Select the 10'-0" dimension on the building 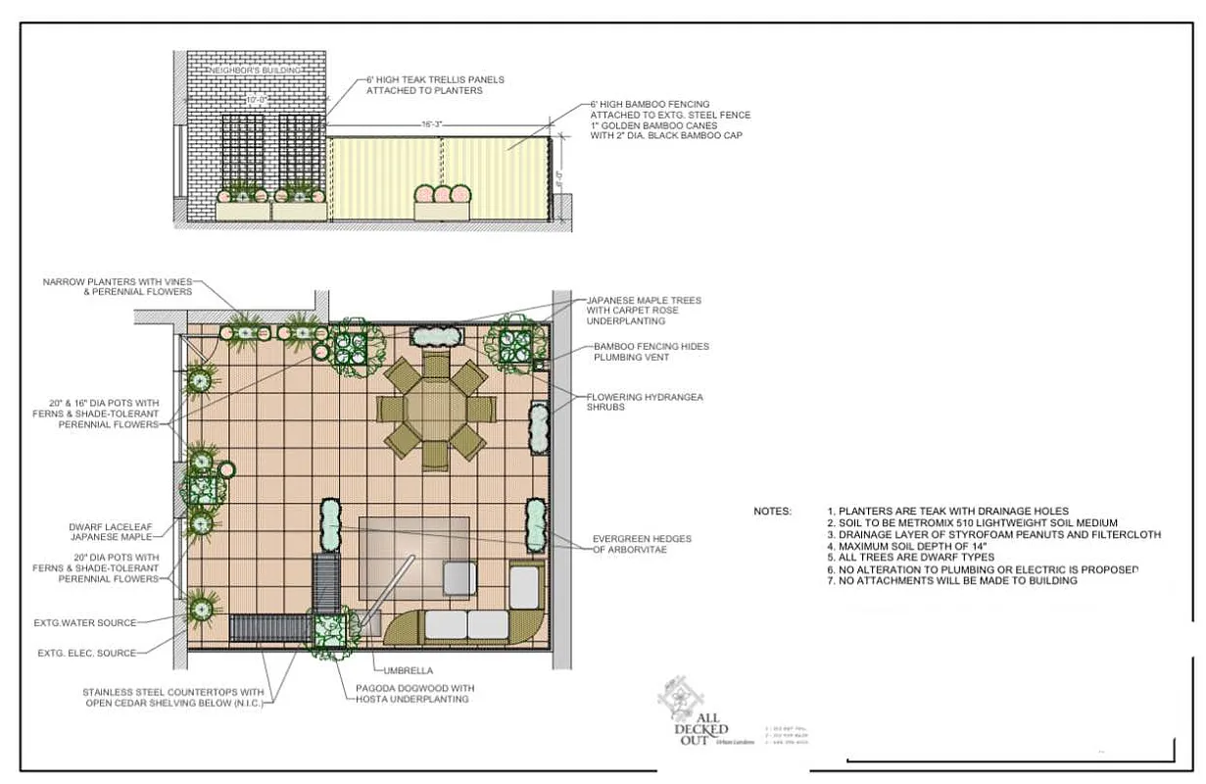(257, 99)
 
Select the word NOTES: (777, 512)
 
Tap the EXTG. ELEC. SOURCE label (88, 652)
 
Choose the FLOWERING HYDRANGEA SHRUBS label (645, 402)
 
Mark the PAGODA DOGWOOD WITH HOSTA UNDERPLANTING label (414, 693)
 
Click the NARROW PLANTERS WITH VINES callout (118, 286)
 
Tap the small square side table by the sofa (458, 577)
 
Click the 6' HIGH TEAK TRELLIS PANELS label (435, 85)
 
